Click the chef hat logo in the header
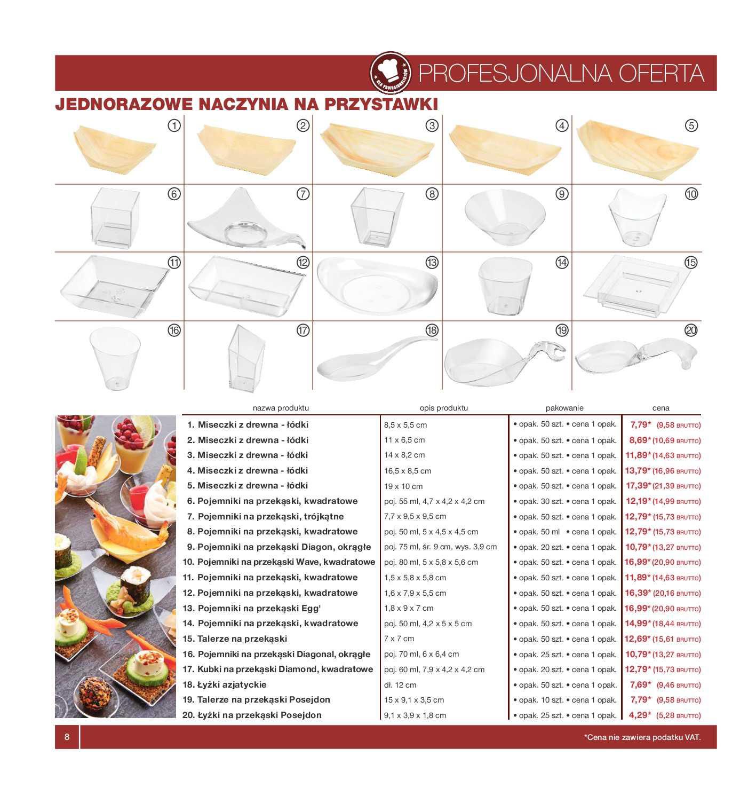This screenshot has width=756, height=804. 390,73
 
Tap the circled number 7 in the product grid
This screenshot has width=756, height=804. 303,194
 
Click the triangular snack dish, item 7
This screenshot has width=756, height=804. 245,219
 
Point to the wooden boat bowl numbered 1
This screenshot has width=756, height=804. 115,149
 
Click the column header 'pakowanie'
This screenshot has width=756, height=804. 564,408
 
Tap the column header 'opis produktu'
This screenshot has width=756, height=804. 443,408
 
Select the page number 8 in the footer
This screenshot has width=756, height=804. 67,737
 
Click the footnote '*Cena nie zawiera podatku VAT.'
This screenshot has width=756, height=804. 642,737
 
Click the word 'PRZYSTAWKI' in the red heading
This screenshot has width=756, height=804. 381,104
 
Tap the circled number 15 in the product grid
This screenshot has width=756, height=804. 691,262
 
